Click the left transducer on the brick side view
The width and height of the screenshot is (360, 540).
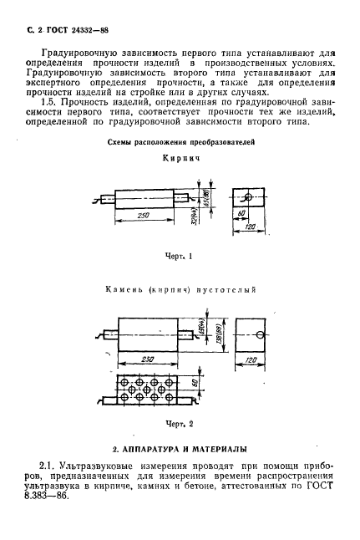[x=107, y=200]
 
